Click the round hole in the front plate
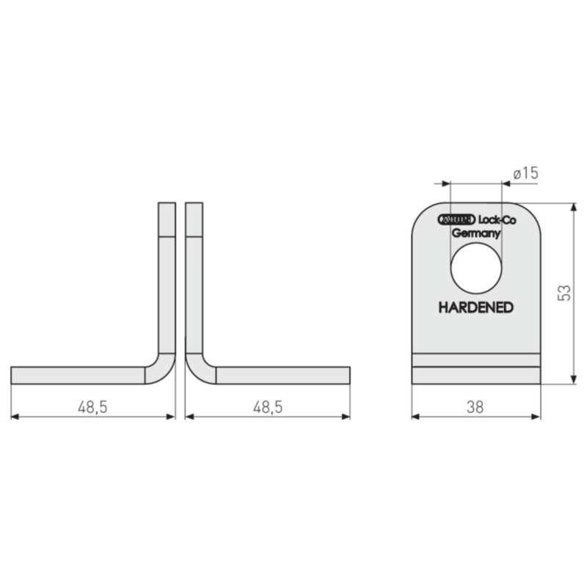(x=476, y=268)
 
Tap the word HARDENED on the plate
(x=475, y=307)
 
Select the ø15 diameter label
(x=525, y=173)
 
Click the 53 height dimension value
(x=564, y=293)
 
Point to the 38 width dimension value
(x=475, y=407)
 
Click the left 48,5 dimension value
(x=92, y=407)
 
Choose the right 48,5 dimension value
(x=268, y=407)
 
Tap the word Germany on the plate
(x=475, y=233)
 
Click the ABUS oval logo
(x=456, y=219)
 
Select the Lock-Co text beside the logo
(x=497, y=220)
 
